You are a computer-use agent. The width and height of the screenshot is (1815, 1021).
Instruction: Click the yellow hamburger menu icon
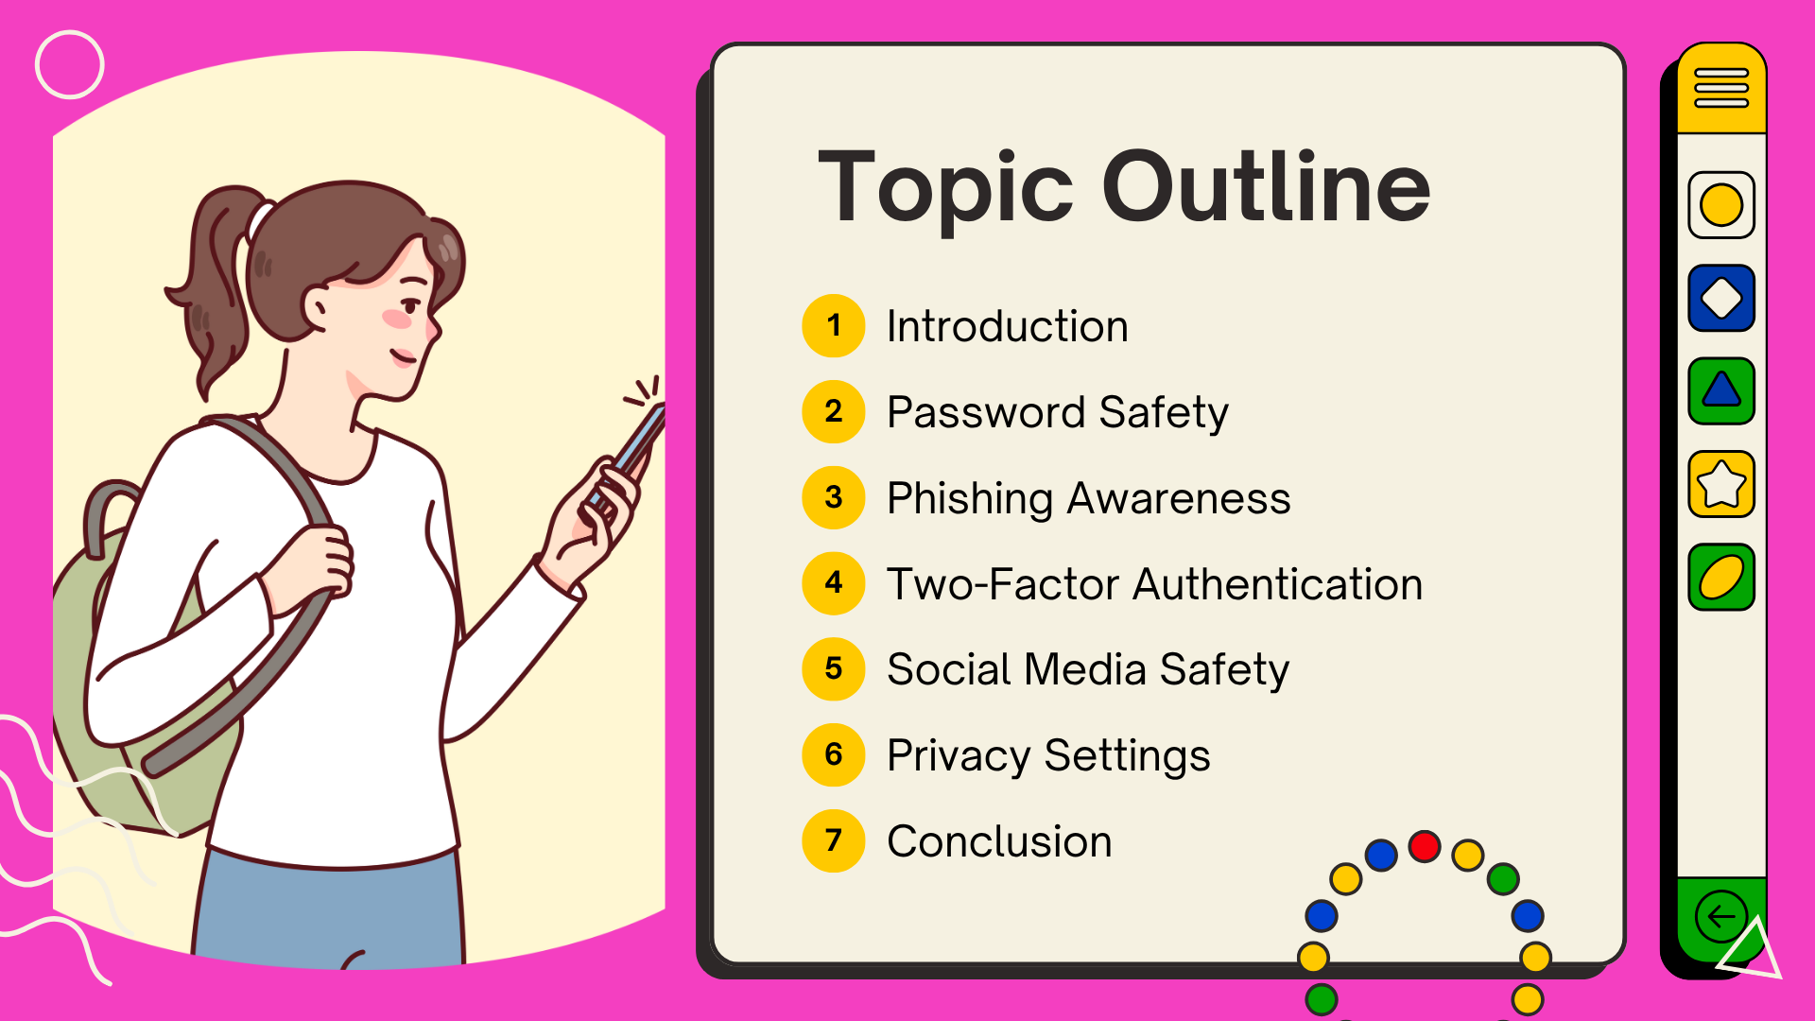coord(1721,88)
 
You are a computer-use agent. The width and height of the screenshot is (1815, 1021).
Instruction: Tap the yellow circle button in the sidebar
coord(1721,205)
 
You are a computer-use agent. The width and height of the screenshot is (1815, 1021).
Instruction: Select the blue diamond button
coord(1721,298)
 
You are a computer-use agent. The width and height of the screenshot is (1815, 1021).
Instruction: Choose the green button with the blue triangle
coord(1721,390)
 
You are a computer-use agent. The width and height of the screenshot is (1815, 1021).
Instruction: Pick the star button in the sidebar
coord(1721,484)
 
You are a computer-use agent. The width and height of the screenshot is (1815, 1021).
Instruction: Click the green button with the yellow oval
coord(1721,577)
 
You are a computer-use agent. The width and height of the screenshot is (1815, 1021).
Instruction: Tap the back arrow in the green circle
coord(1720,916)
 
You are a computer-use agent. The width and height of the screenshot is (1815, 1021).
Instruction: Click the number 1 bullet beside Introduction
coord(833,326)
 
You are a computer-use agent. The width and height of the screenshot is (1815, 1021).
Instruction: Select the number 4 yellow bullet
coord(833,583)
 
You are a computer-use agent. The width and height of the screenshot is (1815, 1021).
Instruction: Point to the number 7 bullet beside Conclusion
coord(833,840)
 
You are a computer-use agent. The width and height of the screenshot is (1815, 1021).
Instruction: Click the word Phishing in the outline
coord(970,498)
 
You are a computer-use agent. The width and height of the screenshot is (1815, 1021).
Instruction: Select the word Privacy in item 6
coord(958,756)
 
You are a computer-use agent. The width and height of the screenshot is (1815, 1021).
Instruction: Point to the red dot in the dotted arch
coord(1424,846)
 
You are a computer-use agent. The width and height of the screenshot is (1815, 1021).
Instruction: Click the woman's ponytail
coord(213,284)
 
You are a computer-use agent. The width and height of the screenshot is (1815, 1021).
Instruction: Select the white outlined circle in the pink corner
coord(70,64)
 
